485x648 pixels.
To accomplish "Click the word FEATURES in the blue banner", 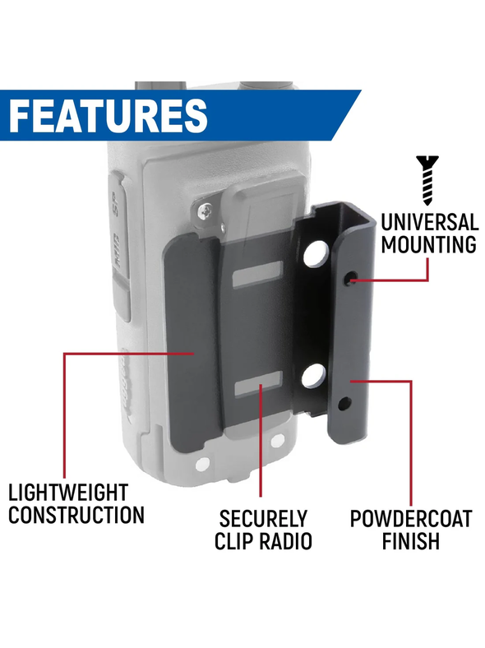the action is (108, 115).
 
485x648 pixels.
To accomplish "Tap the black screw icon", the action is (427, 180).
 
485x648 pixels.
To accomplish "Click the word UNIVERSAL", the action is (429, 222).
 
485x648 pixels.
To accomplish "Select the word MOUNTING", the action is (428, 244).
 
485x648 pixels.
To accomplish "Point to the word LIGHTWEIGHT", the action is (68, 493).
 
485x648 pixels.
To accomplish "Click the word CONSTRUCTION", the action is (76, 515).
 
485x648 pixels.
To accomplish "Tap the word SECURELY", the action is (263, 519).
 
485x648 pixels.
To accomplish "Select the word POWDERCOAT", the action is (411, 519).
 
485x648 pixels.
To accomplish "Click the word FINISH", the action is (411, 541).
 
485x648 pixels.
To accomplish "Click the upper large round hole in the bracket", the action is (316, 253).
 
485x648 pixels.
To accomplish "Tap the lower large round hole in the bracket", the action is (313, 376).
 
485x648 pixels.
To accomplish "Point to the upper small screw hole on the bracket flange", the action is (350, 279).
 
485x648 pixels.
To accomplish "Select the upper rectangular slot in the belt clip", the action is (257, 275).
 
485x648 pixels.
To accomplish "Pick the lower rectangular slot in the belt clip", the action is (258, 383).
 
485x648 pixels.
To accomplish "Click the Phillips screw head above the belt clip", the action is (206, 212).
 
